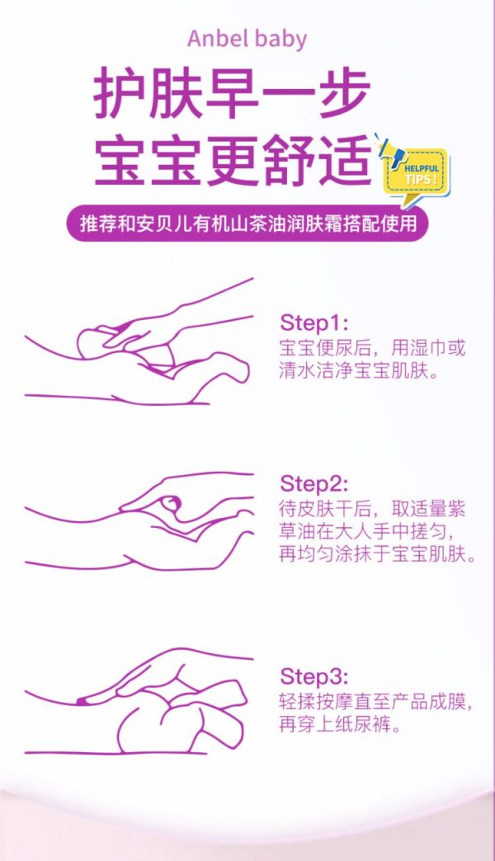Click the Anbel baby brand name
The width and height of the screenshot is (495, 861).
(247, 40)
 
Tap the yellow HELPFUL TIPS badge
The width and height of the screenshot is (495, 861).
(416, 172)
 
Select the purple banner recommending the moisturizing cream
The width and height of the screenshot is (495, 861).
(247, 224)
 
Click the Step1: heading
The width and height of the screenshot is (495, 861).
(313, 323)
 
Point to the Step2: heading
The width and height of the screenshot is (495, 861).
(313, 484)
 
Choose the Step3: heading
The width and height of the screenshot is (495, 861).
(313, 676)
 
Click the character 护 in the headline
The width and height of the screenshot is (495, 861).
(118, 93)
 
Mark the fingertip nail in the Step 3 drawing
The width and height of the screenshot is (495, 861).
(82, 701)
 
